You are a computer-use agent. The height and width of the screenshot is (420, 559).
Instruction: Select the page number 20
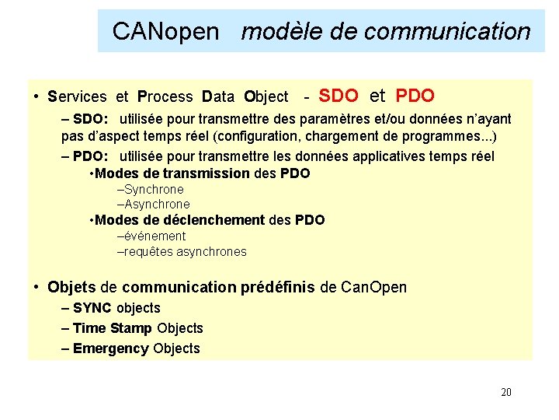tap(506, 392)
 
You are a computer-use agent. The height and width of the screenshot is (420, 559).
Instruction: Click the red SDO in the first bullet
tap(339, 96)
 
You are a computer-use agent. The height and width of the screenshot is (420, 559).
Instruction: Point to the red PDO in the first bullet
tap(415, 96)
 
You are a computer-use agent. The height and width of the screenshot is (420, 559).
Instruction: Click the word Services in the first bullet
tap(77, 97)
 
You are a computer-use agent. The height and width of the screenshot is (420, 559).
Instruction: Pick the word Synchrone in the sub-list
tap(154, 189)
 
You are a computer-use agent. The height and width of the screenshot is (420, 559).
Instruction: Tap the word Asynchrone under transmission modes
tap(157, 205)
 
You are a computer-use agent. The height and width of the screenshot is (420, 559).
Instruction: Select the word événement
tap(155, 236)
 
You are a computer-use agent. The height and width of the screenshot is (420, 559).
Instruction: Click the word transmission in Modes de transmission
tap(206, 173)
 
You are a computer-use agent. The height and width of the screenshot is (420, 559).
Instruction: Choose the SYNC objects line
tap(116, 308)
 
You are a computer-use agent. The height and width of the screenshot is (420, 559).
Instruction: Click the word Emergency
tap(110, 348)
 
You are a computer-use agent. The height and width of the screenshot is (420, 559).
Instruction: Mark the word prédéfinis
tap(276, 287)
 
